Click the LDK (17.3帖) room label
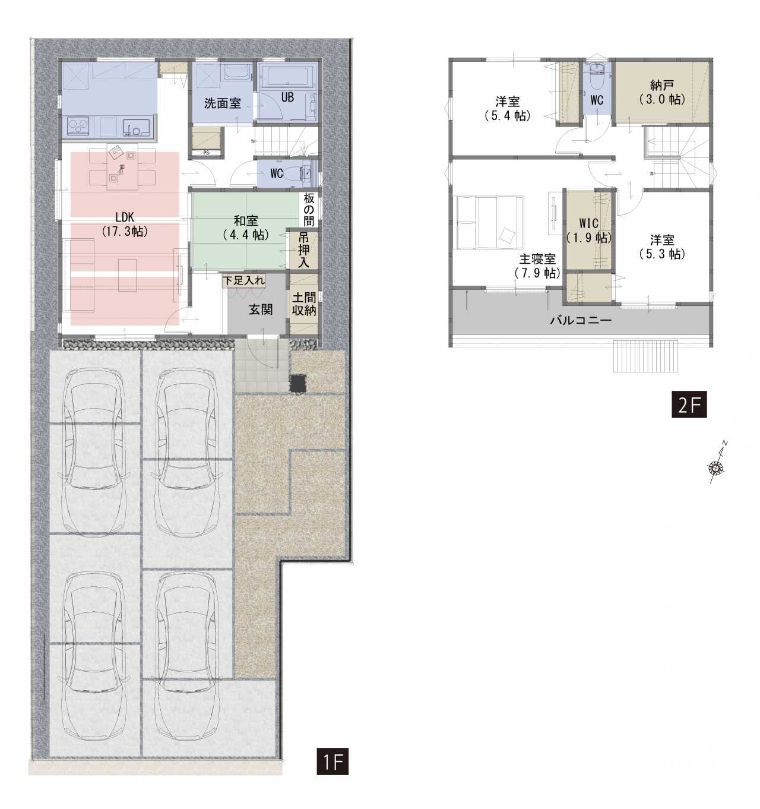point(125,224)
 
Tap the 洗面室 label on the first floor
point(223,103)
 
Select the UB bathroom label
point(287,97)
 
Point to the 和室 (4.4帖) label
point(246,228)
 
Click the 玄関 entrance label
point(261,309)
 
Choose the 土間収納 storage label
point(304,304)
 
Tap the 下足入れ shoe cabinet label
point(243,281)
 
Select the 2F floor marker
point(689,404)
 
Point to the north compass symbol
point(716,467)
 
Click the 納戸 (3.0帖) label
point(662,93)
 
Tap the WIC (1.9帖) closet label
point(589,230)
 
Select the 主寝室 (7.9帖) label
point(537,267)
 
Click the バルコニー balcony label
point(581,321)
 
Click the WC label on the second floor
point(597,100)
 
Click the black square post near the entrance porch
point(297,384)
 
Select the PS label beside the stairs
point(206,153)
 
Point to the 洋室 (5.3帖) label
point(662,247)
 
